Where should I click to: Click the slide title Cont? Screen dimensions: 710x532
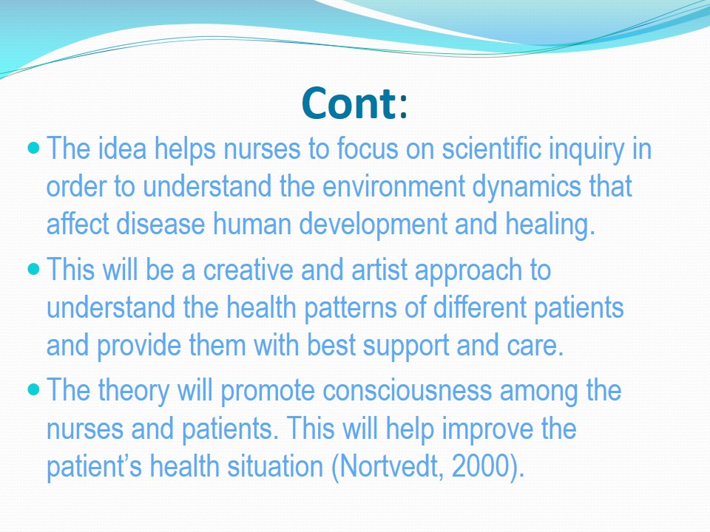(x=354, y=103)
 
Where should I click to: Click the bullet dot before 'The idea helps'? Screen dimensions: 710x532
(x=34, y=148)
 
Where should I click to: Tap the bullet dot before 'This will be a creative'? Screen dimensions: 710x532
(x=34, y=269)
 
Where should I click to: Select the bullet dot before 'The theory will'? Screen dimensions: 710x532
(x=34, y=389)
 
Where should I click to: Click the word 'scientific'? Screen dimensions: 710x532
(x=491, y=149)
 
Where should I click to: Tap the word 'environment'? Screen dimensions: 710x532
(x=393, y=187)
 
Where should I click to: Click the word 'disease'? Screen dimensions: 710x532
(x=160, y=225)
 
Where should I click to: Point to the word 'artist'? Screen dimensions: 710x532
(x=379, y=270)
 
